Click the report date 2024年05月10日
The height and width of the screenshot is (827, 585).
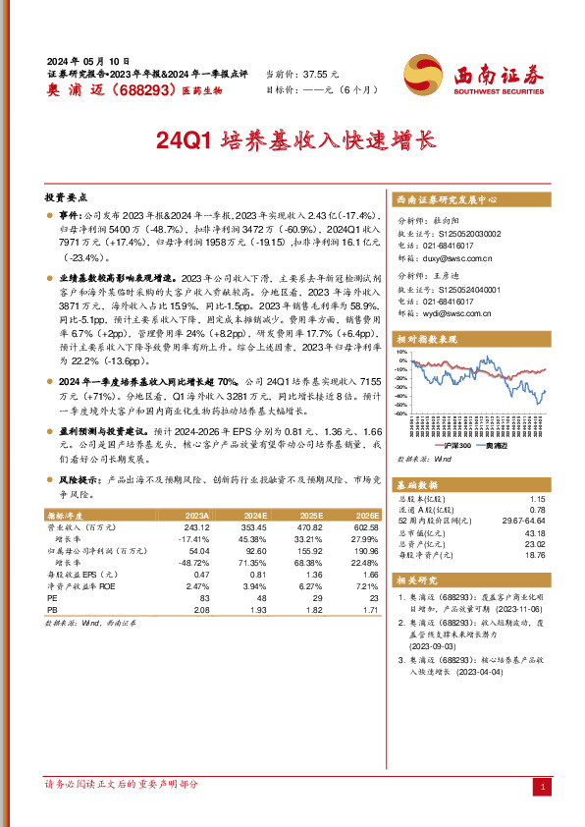coord(87,61)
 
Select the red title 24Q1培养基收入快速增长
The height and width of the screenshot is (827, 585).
coord(293,140)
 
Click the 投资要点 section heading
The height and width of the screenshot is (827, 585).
coord(67,196)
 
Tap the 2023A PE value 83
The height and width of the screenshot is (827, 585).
coord(204,598)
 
